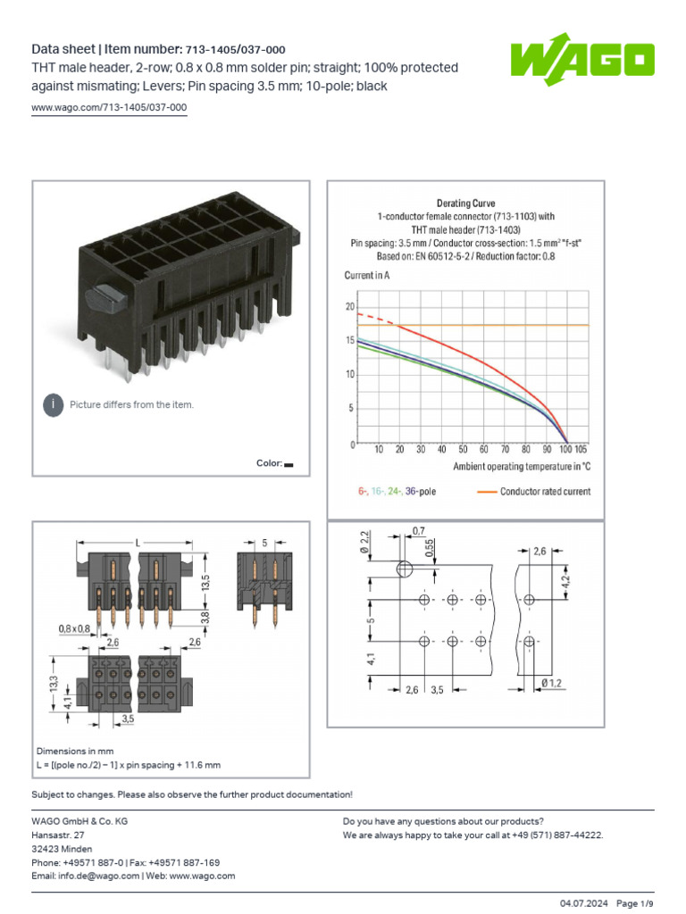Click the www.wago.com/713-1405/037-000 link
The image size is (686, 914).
109,108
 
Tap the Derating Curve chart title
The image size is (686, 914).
465,204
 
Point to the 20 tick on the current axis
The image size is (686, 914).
349,307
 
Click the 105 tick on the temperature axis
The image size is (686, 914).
581,450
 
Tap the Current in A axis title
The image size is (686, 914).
367,276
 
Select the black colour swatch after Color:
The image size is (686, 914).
289,464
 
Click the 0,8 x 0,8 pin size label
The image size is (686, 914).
76,628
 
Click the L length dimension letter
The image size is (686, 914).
138,543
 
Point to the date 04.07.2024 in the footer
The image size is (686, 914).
584,903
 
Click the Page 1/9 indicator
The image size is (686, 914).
634,903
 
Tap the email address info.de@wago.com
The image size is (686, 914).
97,876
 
